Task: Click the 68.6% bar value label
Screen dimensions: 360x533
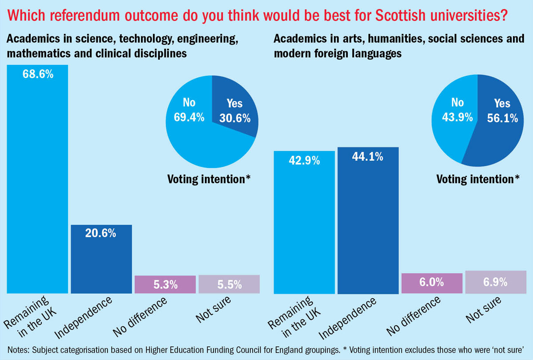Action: click(x=38, y=74)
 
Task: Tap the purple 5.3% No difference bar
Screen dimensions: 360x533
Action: click(x=165, y=284)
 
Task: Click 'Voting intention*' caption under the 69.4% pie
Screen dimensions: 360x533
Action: click(x=209, y=179)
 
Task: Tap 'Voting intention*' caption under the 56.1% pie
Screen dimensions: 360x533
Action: click(x=478, y=179)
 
